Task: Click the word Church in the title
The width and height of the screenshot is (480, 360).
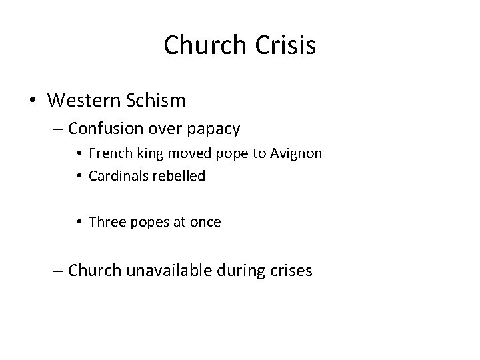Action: [x=203, y=45]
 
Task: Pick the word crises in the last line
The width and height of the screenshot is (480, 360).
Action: [x=289, y=271]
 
